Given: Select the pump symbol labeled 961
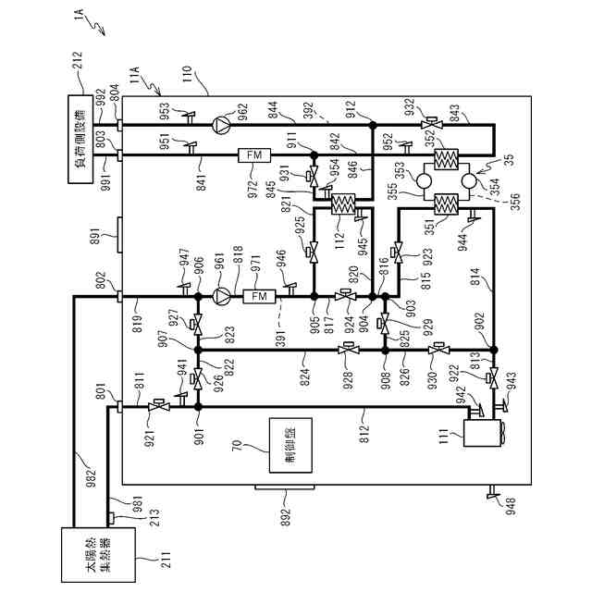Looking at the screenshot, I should pyautogui.click(x=220, y=296).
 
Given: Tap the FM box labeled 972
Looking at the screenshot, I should pyautogui.click(x=253, y=154).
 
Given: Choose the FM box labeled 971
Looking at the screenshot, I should pyautogui.click(x=258, y=296).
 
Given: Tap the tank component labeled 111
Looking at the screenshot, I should pyautogui.click(x=479, y=430).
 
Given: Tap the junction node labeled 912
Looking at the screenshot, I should pyautogui.click(x=372, y=124).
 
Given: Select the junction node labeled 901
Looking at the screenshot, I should pyautogui.click(x=198, y=406).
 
